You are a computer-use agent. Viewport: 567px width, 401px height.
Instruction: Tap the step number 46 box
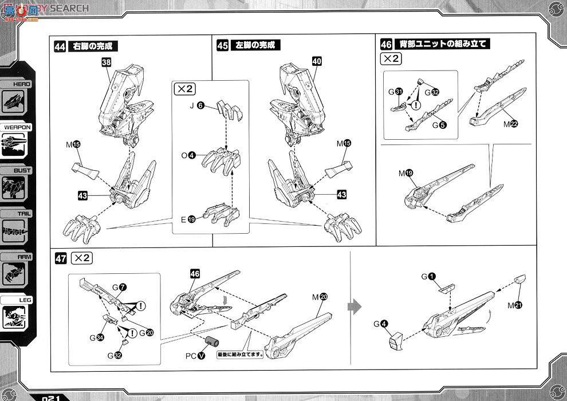[387, 45]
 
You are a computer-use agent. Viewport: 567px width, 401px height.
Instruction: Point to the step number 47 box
[61, 258]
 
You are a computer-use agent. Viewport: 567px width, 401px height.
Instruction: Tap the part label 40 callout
[317, 61]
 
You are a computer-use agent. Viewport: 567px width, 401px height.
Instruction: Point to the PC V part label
[195, 355]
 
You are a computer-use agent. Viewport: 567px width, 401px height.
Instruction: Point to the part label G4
[381, 324]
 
